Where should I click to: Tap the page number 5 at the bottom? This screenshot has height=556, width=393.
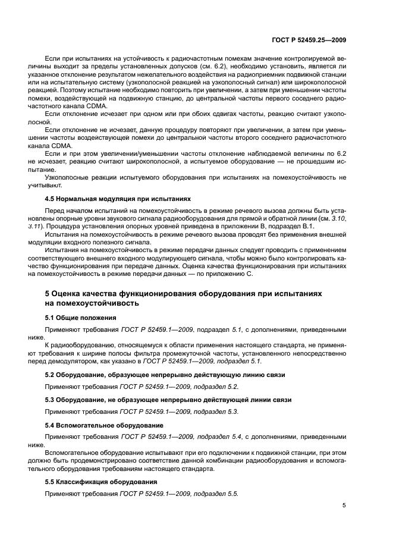(x=344, y=505)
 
